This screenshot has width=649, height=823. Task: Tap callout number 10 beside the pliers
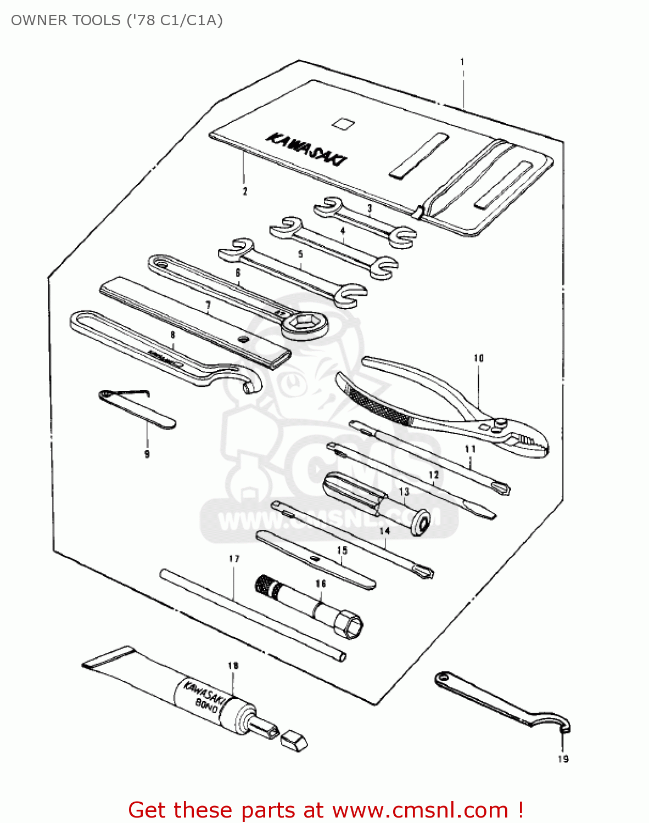click(479, 358)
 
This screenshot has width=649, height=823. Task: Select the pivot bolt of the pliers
click(500, 423)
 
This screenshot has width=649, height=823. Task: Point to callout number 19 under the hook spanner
click(563, 759)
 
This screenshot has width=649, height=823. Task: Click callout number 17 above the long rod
click(234, 559)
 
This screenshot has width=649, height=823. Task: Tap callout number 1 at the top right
click(462, 62)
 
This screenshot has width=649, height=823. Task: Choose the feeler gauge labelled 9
click(137, 409)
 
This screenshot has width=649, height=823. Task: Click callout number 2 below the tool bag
click(245, 191)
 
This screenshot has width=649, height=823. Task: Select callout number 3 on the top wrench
click(370, 208)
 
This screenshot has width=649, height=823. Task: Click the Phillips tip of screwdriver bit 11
click(502, 488)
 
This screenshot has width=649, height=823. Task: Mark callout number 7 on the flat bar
click(208, 305)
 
